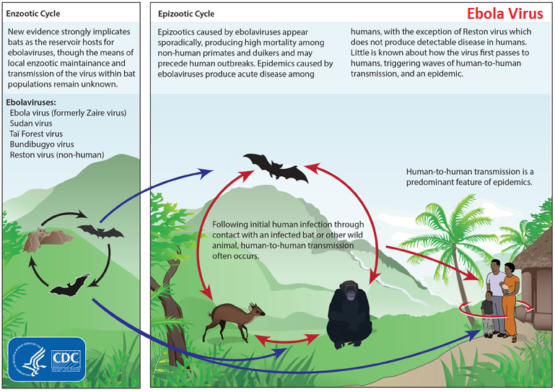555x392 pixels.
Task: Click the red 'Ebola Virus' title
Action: coord(504,14)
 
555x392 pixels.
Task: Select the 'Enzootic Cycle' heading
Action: coord(33,14)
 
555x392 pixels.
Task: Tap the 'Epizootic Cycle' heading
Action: coord(186,14)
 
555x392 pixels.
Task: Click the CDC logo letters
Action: coord(66,358)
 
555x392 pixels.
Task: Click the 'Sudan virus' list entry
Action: coord(31,123)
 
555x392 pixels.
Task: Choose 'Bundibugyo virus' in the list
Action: coord(42,144)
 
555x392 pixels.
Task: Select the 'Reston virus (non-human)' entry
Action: coord(57,154)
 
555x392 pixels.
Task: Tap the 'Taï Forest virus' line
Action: coord(36,134)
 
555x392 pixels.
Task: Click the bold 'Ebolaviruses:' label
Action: coord(31,103)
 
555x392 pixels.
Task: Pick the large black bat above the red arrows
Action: coord(276,167)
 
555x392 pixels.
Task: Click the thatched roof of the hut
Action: coord(535,250)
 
